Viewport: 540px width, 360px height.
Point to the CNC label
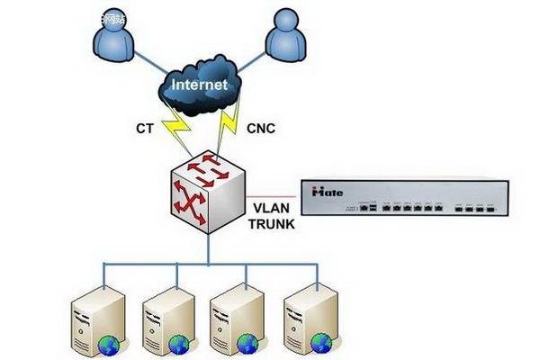pyautogui.click(x=261, y=129)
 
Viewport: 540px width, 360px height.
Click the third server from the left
pyautogui.click(x=236, y=319)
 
